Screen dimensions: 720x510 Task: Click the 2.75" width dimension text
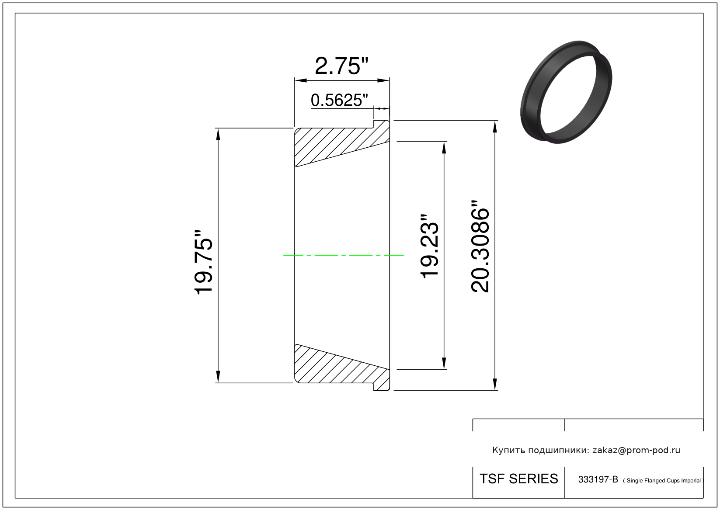pos(341,66)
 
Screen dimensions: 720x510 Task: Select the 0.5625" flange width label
pos(339,100)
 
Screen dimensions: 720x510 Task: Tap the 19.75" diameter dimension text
pos(203,262)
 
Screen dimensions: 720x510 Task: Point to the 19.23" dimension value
pos(429,246)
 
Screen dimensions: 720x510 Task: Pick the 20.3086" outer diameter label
pos(480,246)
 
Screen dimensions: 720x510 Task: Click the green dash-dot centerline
pos(343,256)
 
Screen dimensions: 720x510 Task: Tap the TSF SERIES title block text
pos(519,479)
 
